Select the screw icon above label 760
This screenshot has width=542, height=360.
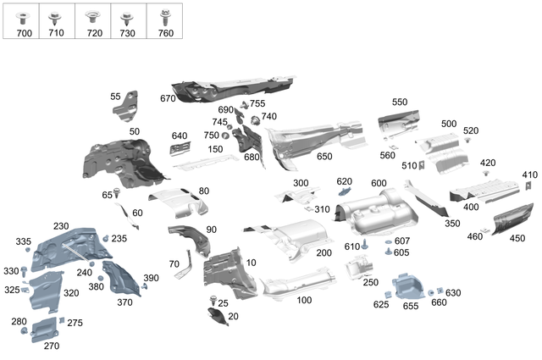pyautogui.click(x=165, y=14)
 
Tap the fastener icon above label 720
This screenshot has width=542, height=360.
pyautogui.click(x=92, y=15)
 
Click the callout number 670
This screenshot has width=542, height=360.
pyautogui.click(x=167, y=98)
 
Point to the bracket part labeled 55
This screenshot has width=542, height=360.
pyautogui.click(x=130, y=102)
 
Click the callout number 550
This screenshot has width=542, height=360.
pyautogui.click(x=399, y=102)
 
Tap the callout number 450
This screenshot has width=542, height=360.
pyautogui.click(x=517, y=238)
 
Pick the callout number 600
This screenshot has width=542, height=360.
pyautogui.click(x=378, y=184)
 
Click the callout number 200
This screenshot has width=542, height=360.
pyautogui.click(x=324, y=253)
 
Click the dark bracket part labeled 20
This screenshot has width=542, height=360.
pyautogui.click(x=218, y=316)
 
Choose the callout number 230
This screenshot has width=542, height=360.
pyautogui.click(x=61, y=226)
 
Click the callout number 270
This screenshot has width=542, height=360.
pyautogui.click(x=52, y=346)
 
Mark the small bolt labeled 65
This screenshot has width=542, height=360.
pyautogui.click(x=117, y=193)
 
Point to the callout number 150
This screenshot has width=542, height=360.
pyautogui.click(x=215, y=149)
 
